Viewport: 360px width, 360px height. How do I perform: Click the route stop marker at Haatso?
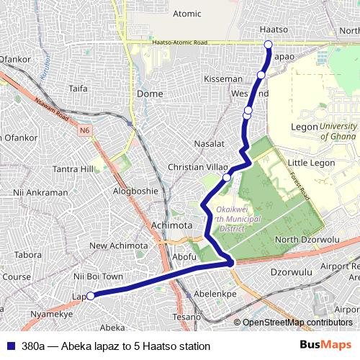point(269,45)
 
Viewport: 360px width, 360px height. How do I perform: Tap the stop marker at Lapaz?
point(91,295)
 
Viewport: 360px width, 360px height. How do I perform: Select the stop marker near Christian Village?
point(227,177)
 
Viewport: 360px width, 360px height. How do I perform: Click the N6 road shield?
point(86,130)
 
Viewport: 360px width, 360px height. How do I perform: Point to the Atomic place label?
point(187,13)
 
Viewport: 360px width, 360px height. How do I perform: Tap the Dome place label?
point(150,94)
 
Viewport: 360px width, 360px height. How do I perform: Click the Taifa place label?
point(78,89)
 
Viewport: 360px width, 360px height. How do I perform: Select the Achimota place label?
point(172,225)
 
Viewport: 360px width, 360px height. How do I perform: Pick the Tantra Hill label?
point(73,169)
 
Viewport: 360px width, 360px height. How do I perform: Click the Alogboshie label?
point(135,191)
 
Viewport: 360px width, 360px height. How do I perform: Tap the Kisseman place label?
point(222,78)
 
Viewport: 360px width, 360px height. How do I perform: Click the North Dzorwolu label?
point(307,240)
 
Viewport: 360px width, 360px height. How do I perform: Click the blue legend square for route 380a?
point(11,346)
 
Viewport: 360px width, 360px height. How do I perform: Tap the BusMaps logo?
point(325,345)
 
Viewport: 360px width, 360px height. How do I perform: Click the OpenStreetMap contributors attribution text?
point(297,322)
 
